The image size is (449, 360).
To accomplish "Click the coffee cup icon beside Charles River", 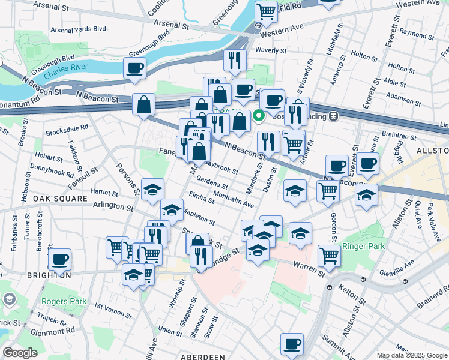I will pyautogui.click(x=135, y=67).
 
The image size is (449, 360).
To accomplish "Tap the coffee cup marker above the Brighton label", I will pyautogui.click(x=59, y=259).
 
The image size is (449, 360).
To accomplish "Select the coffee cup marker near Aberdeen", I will pyautogui.click(x=292, y=344).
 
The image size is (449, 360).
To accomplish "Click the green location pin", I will pyautogui.click(x=259, y=116).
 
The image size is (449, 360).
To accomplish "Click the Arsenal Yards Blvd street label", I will pyautogui.click(x=78, y=29).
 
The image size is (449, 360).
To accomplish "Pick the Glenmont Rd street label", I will pyautogui.click(x=54, y=331).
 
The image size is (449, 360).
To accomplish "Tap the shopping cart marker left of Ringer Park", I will pyautogui.click(x=329, y=254).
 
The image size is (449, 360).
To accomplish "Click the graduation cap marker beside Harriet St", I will pyautogui.click(x=152, y=189).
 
